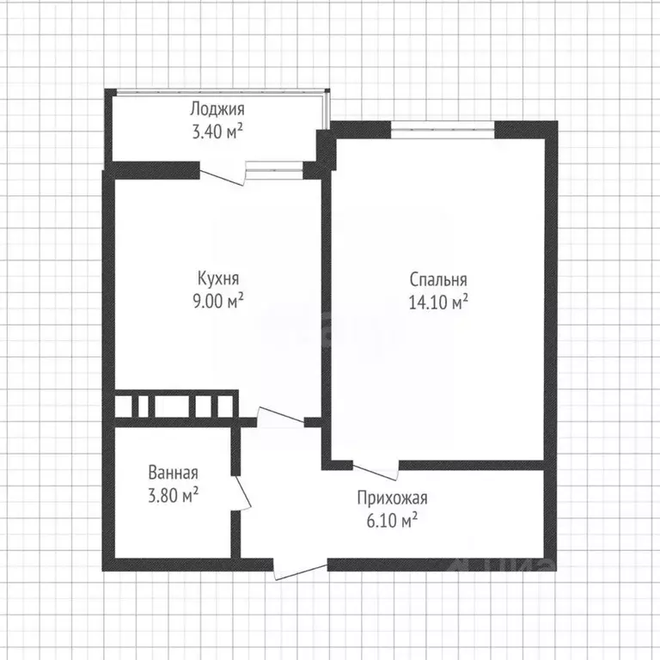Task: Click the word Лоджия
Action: pyautogui.click(x=217, y=109)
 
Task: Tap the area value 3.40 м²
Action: pyautogui.click(x=217, y=131)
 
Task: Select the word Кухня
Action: pyautogui.click(x=218, y=278)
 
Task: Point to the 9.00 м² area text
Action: pyautogui.click(x=218, y=301)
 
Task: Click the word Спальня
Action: pyautogui.click(x=438, y=280)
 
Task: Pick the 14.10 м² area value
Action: pyautogui.click(x=438, y=302)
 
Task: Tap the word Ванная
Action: pyautogui.click(x=173, y=473)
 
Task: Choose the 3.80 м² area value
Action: pyautogui.click(x=173, y=495)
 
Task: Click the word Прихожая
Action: pyautogui.click(x=392, y=498)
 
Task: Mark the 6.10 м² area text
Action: pyautogui.click(x=392, y=521)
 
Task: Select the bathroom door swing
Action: pyautogui.click(x=241, y=493)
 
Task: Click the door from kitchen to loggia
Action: pyautogui.click(x=223, y=174)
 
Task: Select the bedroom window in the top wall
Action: pyautogui.click(x=443, y=130)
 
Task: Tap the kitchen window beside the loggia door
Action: pyautogui.click(x=274, y=169)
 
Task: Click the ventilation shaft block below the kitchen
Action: pyautogui.click(x=174, y=407)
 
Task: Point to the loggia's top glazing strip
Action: pyautogui.click(x=219, y=90)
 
